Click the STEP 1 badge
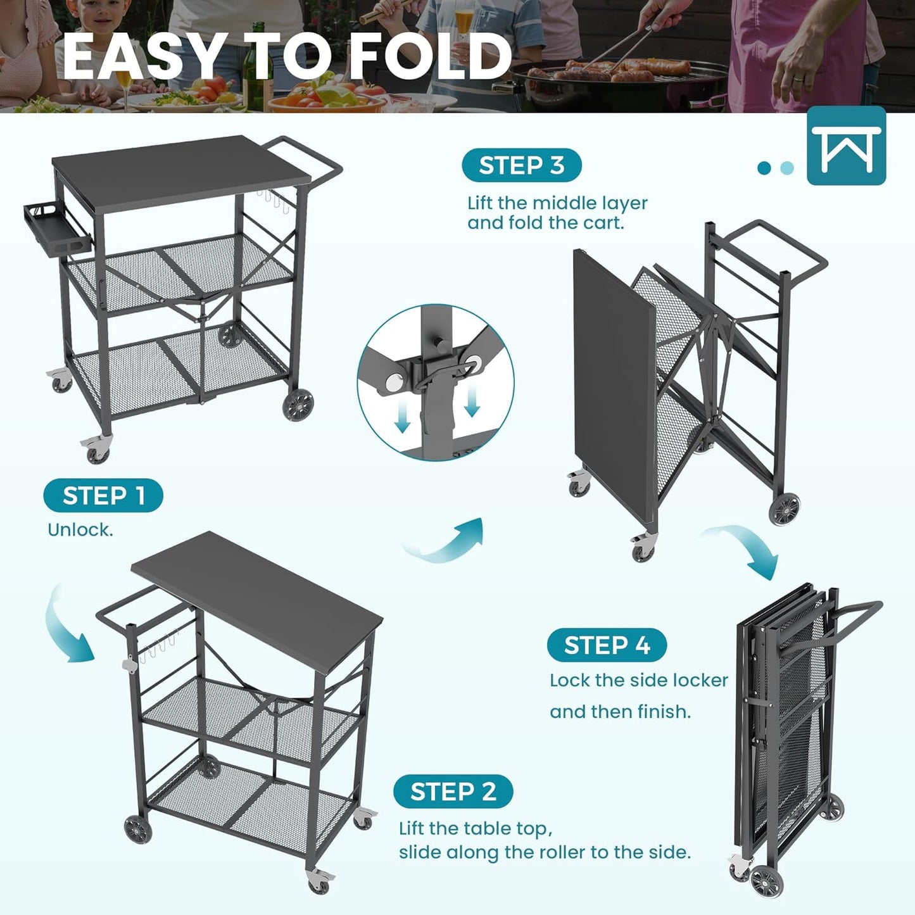coord(103,496)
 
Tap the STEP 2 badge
coord(453,792)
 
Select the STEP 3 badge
coord(521,165)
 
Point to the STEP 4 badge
coord(607,645)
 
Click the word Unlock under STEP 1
coord(80,530)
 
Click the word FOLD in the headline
coord(430,57)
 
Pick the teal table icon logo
coord(846,146)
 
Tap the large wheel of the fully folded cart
coord(767,880)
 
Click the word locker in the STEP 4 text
coord(698,680)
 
